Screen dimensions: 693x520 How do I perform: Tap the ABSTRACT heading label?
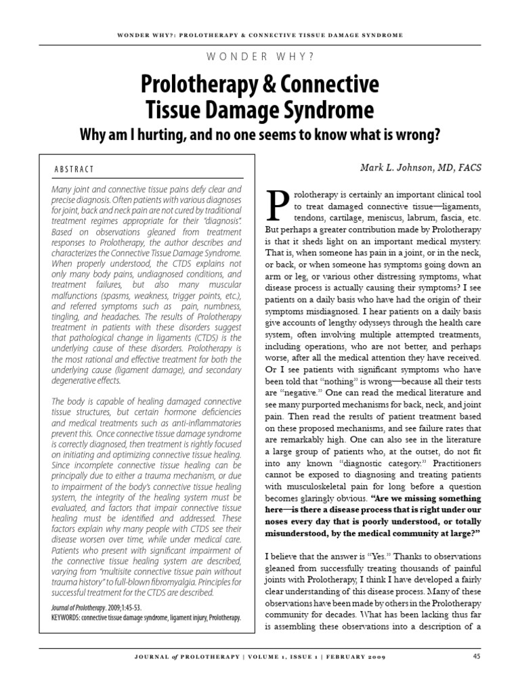point(74,169)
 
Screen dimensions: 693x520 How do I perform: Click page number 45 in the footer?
point(477,656)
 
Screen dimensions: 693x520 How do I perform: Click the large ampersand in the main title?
point(277,85)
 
